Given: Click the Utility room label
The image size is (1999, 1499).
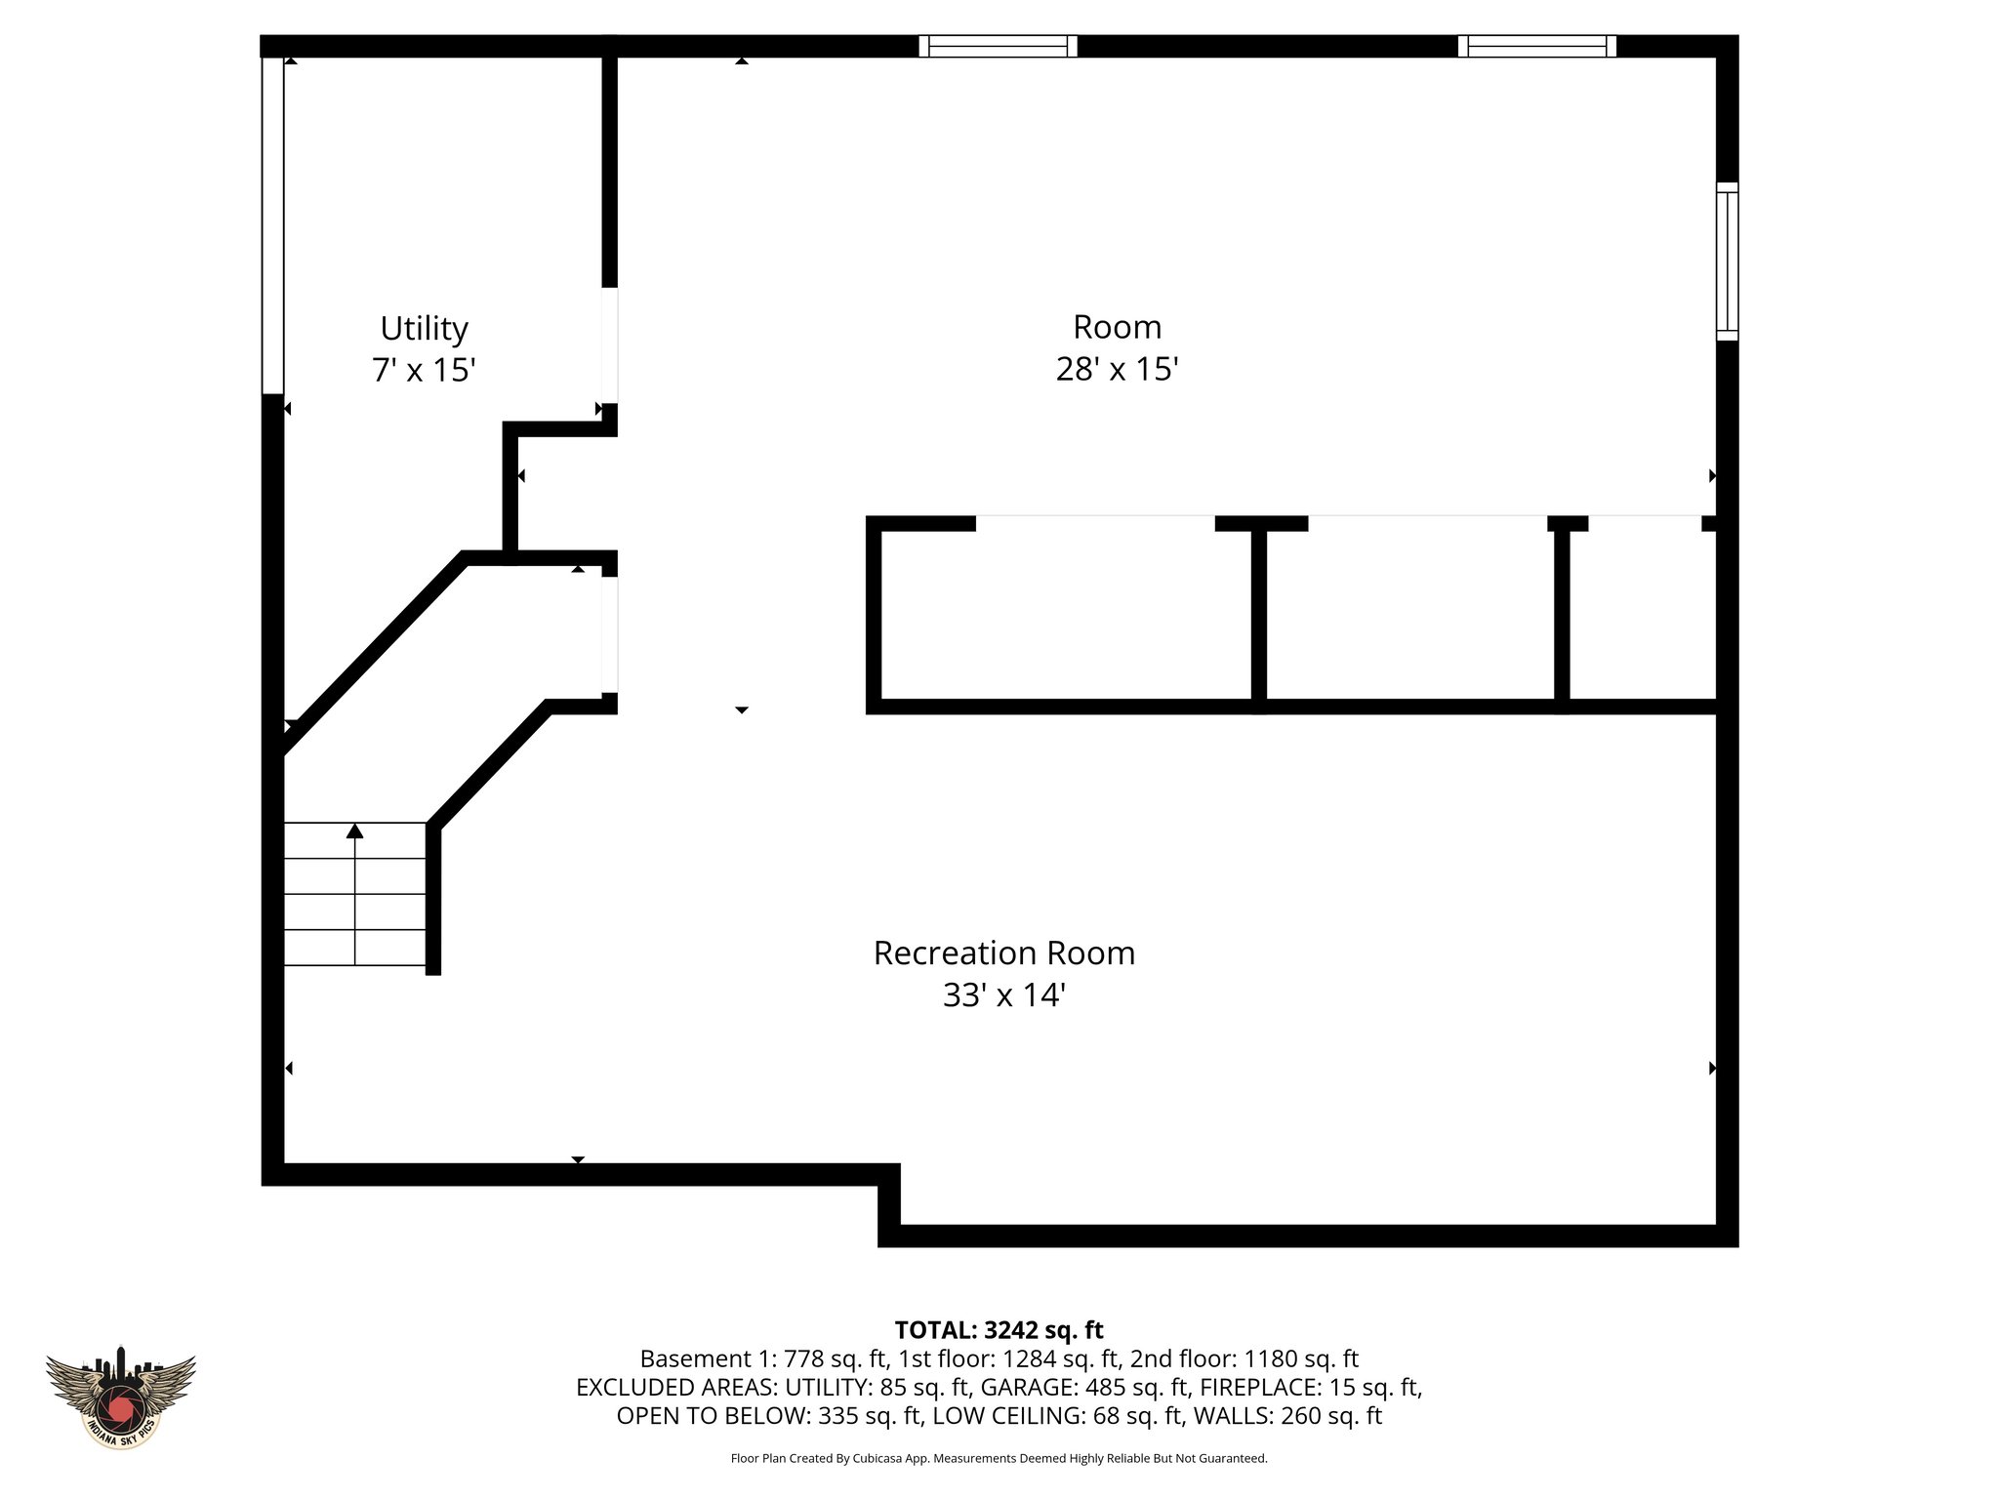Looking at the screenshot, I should pyautogui.click(x=424, y=328).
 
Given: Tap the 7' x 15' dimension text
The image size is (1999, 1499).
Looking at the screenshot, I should pyautogui.click(x=424, y=371).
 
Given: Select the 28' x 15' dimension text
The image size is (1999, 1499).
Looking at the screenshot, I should pyautogui.click(x=1117, y=370).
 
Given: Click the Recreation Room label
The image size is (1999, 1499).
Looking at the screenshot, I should pyautogui.click(x=1003, y=953).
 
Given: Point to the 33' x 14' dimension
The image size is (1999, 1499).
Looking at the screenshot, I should pyautogui.click(x=1003, y=995).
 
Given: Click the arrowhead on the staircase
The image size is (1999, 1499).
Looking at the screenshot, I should pyautogui.click(x=355, y=831).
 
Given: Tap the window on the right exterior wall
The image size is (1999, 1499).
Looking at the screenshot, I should pyautogui.click(x=1727, y=261).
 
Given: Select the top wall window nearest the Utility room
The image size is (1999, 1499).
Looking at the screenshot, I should pyautogui.click(x=998, y=46).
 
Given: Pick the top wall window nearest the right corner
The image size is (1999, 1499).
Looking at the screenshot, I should pyautogui.click(x=1536, y=46).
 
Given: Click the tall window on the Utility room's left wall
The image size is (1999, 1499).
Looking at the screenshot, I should pyautogui.click(x=272, y=224).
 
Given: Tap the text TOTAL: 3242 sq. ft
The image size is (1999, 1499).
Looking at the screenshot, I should pyautogui.click(x=999, y=1330).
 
